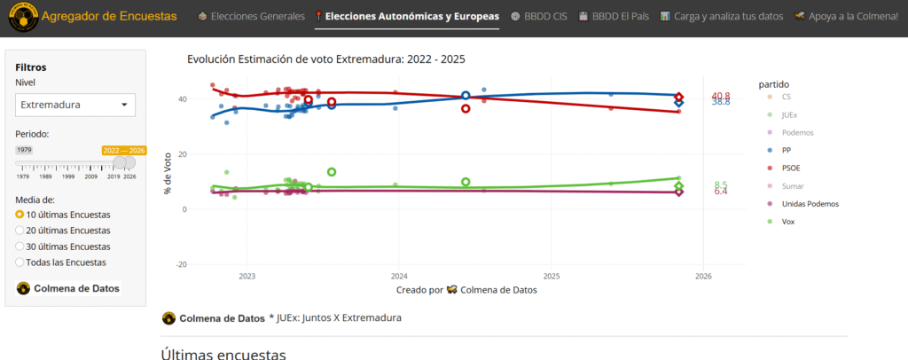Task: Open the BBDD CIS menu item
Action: (538, 16)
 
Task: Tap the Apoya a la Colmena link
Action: (846, 16)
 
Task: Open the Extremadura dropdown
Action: (75, 105)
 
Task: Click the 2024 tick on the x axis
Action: (399, 277)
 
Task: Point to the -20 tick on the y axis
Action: (181, 264)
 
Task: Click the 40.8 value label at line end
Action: (721, 96)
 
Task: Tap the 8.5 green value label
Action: (721, 184)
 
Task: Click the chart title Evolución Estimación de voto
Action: (326, 59)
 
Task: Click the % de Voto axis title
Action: (167, 175)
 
